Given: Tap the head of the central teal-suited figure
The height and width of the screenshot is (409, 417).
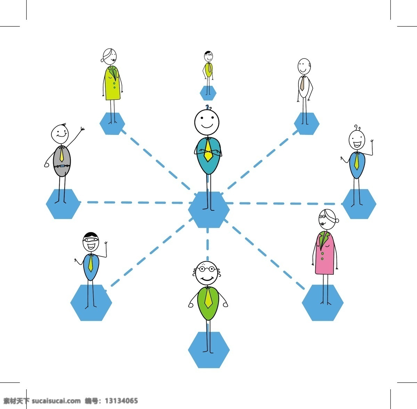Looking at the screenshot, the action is (207, 122).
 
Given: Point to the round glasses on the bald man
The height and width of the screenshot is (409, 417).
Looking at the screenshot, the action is (207, 269).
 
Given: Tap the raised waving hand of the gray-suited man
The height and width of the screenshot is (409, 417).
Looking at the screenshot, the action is (82, 129).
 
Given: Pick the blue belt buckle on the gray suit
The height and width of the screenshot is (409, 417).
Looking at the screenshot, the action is (62, 166).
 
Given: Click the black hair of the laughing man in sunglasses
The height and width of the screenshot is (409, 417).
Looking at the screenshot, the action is (91, 235).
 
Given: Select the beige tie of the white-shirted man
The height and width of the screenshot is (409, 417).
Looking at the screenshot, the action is (302, 83).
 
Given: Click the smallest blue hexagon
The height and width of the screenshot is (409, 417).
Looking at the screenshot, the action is (208, 93).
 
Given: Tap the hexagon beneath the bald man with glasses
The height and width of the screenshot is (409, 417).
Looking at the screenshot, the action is (209, 350).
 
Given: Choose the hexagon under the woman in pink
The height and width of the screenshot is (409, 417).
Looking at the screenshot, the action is (322, 303).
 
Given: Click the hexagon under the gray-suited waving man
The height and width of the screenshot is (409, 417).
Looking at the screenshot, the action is (63, 204).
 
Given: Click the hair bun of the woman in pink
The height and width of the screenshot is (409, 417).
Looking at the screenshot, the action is (337, 220).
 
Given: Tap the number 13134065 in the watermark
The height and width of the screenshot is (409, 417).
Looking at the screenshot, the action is (121, 401).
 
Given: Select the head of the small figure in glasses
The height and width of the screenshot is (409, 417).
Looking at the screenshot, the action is (208, 56).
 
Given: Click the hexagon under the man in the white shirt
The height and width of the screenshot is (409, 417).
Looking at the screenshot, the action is (306, 124).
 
